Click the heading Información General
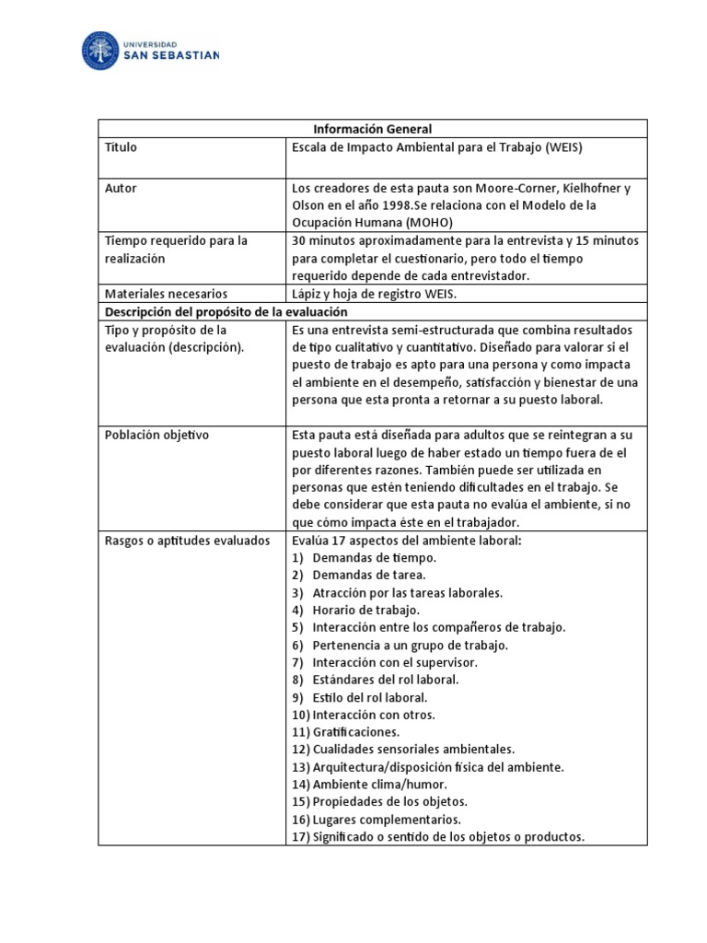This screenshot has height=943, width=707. pos(372,129)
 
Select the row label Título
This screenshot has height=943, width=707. pos(121,146)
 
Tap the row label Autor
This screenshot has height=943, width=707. pos(121,188)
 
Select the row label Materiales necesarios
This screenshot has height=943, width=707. pos(166,294)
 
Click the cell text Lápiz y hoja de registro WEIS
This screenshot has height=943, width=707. pos(374,294)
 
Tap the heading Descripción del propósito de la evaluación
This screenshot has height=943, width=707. pos(218,311)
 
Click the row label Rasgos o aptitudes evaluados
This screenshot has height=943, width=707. pos(187,540)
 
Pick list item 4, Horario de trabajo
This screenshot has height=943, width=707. pos(365,610)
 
